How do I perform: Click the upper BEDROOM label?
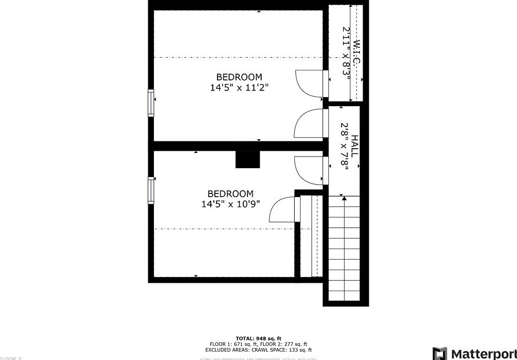point(239,77)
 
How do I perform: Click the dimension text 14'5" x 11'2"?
point(239,88)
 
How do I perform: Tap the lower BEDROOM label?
point(230,194)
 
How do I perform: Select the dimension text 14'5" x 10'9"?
point(230,204)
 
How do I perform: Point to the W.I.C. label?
point(357,53)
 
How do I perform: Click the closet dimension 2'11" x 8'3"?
point(346,53)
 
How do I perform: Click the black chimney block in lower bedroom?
point(247,160)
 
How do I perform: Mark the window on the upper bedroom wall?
point(151,102)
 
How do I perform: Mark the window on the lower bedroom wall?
point(151,190)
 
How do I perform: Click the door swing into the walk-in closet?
point(309,83)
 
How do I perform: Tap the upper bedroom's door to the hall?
point(309,125)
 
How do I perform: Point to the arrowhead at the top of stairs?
point(344,198)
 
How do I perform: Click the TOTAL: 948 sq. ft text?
point(258,338)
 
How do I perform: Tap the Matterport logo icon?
point(440,354)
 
